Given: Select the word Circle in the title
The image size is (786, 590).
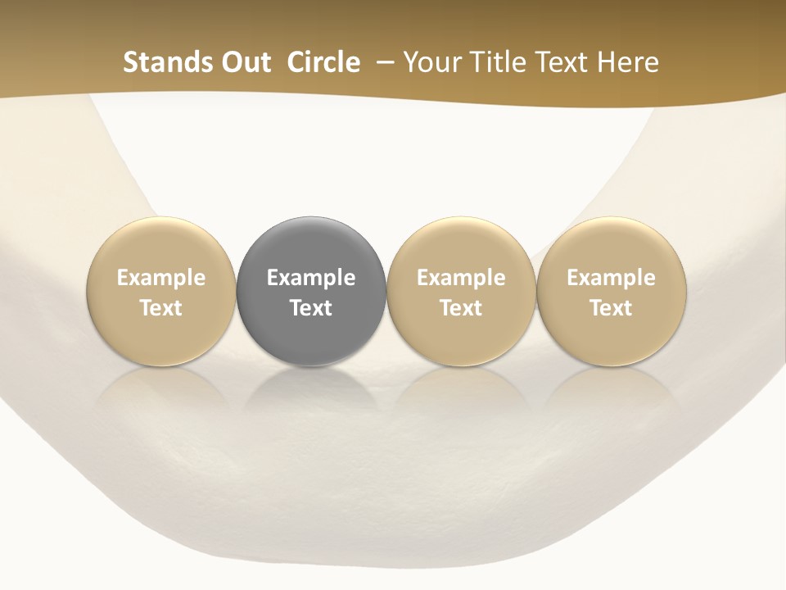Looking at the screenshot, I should [323, 62].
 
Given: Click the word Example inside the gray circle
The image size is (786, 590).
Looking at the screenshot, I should [311, 278].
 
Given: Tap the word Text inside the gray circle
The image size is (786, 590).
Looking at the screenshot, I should [311, 308].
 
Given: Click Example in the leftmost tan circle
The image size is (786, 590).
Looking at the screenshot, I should [161, 278].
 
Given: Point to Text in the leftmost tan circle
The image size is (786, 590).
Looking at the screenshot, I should [161, 308].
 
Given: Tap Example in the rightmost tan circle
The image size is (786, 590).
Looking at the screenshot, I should [612, 278].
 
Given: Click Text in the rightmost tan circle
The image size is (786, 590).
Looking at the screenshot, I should [612, 308].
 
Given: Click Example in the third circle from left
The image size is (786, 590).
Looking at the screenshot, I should [461, 278].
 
